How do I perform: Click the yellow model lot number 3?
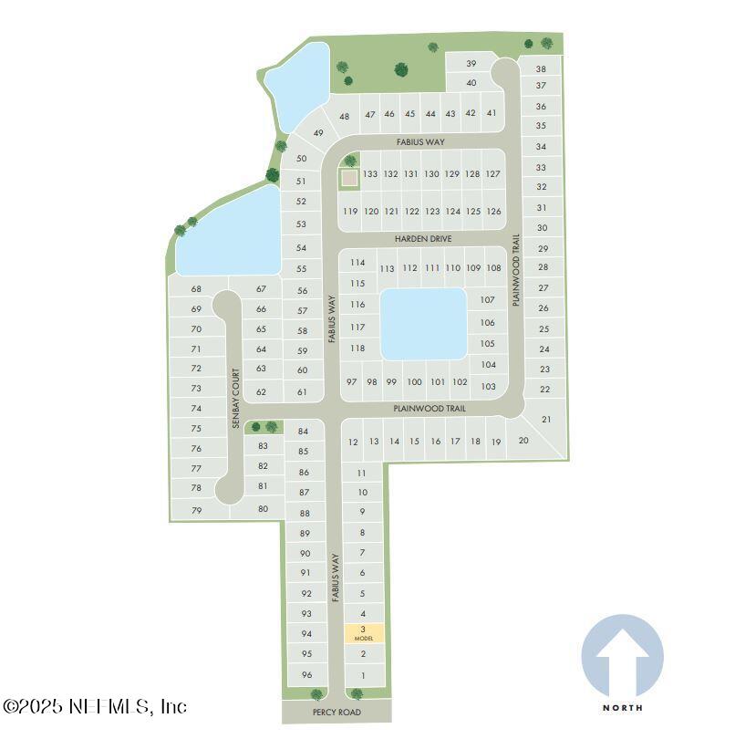point(363,632)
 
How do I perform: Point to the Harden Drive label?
point(423,239)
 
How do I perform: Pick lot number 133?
point(370,173)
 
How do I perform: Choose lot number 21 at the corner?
point(546,420)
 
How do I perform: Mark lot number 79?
point(196,510)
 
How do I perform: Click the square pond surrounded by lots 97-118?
point(422,324)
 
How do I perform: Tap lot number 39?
point(471,64)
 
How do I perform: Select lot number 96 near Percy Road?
point(307,674)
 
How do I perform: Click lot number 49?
point(318,133)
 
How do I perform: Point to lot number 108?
point(493,267)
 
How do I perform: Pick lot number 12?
point(353,442)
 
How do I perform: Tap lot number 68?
point(196,289)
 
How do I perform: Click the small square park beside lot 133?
point(349,178)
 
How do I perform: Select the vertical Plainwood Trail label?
point(515,270)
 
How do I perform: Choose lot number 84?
point(304,431)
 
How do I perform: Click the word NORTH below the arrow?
point(623,707)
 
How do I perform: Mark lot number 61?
point(303,392)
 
